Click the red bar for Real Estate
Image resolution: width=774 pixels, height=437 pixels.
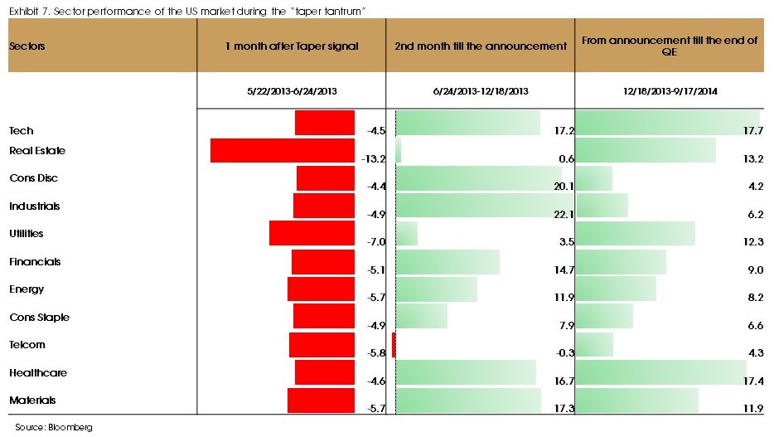point(282,150)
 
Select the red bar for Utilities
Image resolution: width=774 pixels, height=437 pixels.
point(312,233)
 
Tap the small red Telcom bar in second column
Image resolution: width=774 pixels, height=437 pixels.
point(394,345)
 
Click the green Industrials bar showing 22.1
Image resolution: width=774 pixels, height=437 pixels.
point(480,206)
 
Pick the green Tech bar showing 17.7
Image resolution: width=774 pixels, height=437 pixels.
point(666,123)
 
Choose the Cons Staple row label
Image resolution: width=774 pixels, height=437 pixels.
point(39,318)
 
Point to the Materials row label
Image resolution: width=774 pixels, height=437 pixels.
point(32,401)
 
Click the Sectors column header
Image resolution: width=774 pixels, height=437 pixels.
point(27,46)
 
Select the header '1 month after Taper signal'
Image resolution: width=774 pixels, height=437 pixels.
point(292,46)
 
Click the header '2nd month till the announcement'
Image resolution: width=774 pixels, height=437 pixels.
point(481,46)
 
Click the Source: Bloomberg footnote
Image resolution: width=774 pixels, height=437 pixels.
point(53,427)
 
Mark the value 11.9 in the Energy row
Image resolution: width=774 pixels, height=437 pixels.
point(564,298)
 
